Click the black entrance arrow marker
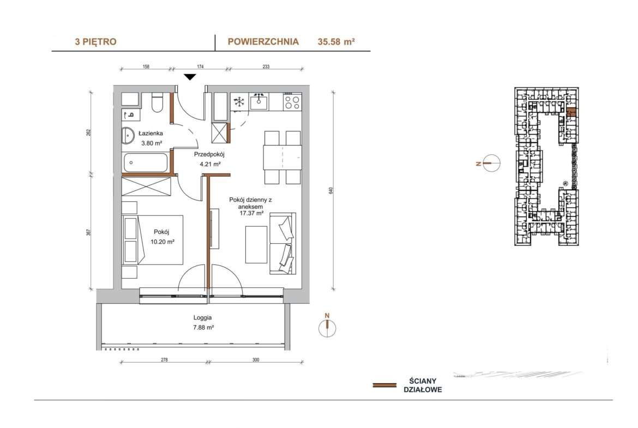click(x=190, y=77)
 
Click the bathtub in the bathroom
click(x=145, y=162)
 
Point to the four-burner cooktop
click(x=292, y=101)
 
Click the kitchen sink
click(x=259, y=101)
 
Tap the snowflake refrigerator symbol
click(x=239, y=102)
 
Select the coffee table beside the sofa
click(x=256, y=244)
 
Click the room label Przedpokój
click(x=209, y=155)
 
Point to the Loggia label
click(x=203, y=318)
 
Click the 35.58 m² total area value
click(x=336, y=41)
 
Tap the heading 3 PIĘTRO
click(x=95, y=41)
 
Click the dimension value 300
click(x=256, y=360)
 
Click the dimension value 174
click(x=200, y=67)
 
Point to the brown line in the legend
click(x=384, y=385)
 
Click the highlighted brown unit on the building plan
click(x=571, y=112)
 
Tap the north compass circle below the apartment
click(x=327, y=328)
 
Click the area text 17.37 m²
click(x=251, y=213)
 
